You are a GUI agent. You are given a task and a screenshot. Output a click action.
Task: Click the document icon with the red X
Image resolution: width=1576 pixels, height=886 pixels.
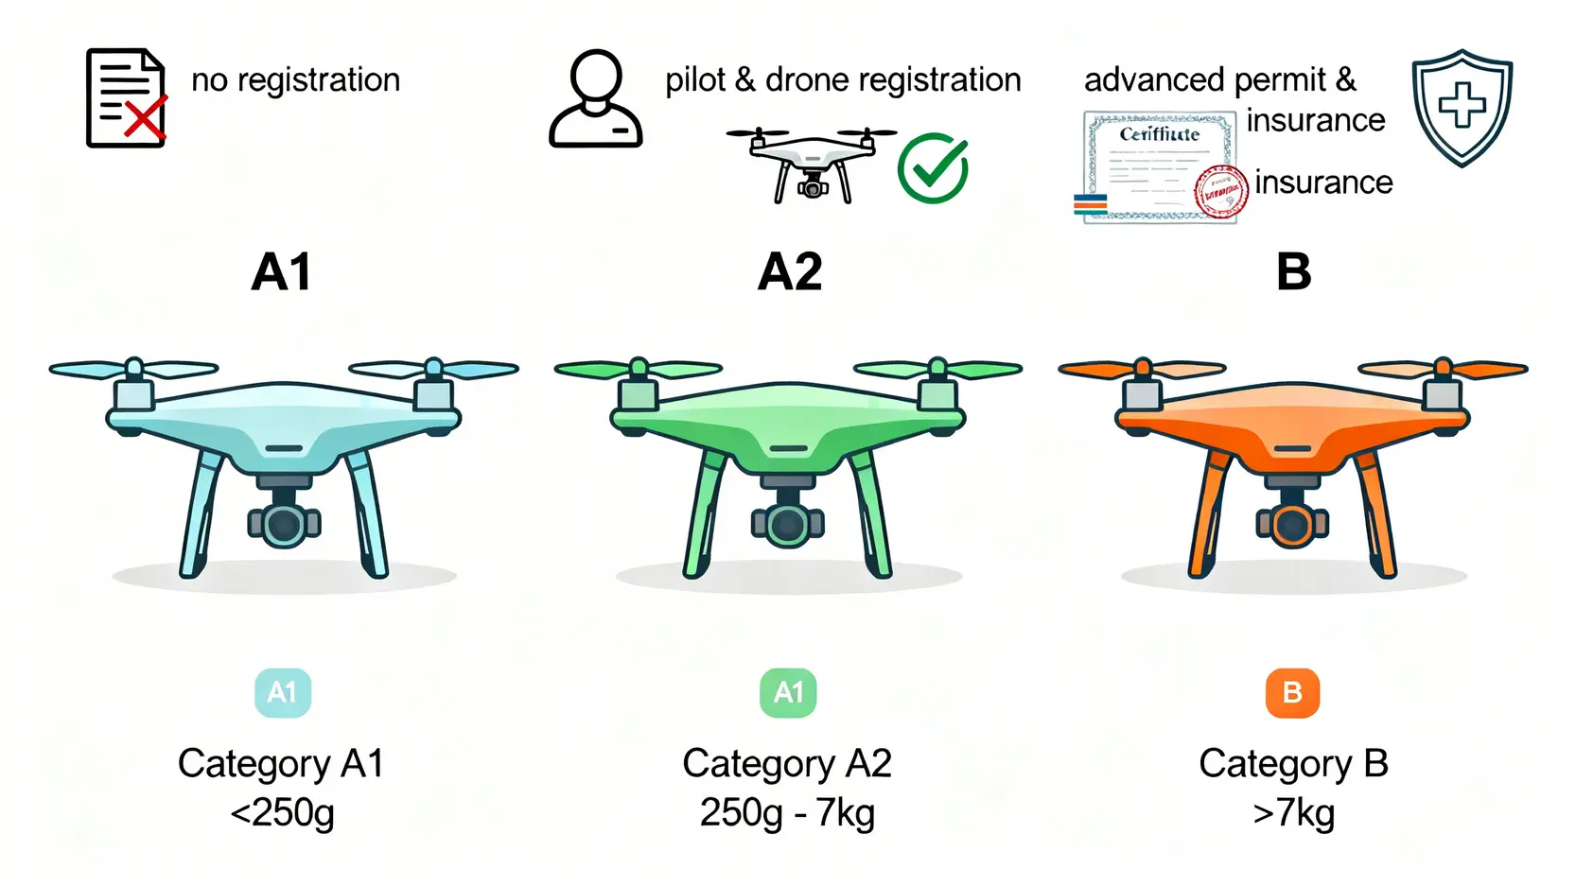point(127,98)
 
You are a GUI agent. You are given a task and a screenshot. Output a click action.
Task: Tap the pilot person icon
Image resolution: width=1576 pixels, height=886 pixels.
point(596,99)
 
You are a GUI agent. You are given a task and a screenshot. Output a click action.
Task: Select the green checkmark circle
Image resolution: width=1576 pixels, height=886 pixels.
point(933,168)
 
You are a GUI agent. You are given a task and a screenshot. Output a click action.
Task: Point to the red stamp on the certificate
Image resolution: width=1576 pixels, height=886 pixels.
point(1221,192)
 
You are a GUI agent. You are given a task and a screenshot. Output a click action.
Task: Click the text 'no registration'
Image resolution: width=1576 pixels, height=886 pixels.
point(295,80)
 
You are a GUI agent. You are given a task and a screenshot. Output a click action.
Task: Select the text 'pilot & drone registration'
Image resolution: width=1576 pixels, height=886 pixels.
point(843,80)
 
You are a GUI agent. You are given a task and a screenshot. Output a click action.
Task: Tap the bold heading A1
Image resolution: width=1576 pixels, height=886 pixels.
point(281,272)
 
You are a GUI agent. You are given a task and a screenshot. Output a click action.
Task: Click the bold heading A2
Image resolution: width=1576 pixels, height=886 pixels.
point(790,272)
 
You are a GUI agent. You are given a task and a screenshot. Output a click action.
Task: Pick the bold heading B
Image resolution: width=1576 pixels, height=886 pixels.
point(1293,272)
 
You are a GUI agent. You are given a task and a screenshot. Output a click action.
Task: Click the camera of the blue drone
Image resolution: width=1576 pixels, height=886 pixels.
point(284,524)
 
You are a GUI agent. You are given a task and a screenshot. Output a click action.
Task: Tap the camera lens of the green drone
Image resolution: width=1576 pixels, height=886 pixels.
point(788,525)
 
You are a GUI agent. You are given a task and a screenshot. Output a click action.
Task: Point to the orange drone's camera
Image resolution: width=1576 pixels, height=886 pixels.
point(1292,524)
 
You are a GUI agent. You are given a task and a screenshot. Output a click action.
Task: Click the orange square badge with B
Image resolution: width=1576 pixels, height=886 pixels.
point(1292,693)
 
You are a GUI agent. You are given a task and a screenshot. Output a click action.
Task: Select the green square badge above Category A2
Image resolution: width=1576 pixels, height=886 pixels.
point(788,693)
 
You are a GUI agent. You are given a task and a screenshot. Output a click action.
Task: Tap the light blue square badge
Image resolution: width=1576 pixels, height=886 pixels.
point(283,693)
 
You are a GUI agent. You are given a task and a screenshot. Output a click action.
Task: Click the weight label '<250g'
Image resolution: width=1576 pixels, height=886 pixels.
point(282,812)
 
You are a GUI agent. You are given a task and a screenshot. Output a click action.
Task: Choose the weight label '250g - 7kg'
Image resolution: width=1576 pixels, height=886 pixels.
point(787,812)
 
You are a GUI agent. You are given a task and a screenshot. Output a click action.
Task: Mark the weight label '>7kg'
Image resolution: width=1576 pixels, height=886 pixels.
point(1293,812)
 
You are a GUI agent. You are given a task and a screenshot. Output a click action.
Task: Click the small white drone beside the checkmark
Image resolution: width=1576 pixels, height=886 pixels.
point(812,165)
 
